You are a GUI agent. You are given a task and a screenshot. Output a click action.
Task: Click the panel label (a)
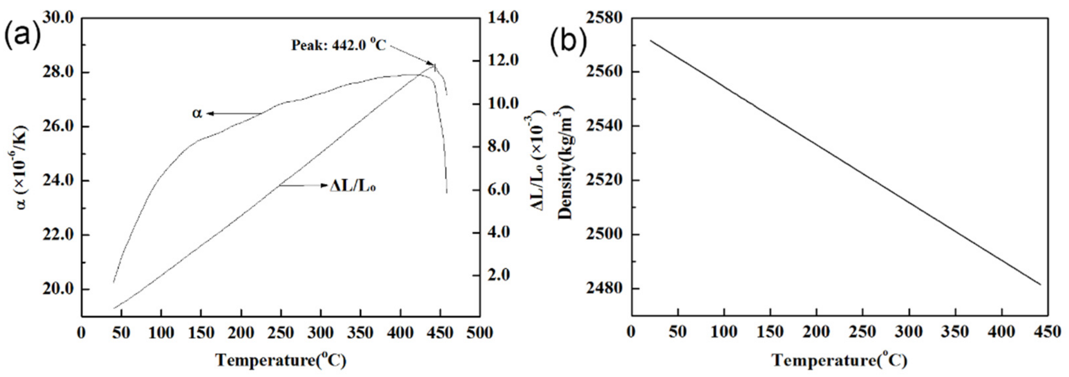(23, 36)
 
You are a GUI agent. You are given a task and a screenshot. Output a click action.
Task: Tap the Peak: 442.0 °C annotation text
(338, 45)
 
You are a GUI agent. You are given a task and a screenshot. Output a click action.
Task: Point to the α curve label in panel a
(197, 113)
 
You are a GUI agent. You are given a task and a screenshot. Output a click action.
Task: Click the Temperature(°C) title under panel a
(280, 360)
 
